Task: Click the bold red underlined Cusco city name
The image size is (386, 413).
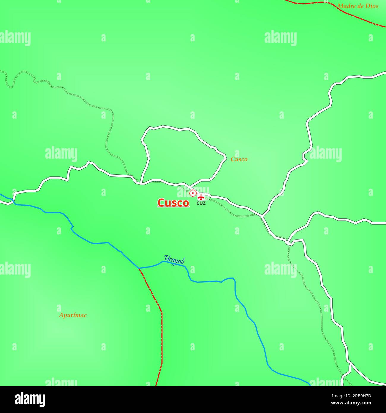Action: (173, 203)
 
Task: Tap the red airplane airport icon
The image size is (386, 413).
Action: (201, 197)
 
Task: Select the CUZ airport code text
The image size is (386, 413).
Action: (201, 204)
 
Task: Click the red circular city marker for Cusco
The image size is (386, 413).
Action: (193, 193)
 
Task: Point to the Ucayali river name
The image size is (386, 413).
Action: (175, 260)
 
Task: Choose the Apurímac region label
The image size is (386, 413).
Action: (73, 315)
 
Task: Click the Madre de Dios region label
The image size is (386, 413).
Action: (358, 6)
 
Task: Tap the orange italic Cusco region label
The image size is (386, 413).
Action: (239, 159)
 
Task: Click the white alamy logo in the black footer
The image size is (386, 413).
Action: (30, 399)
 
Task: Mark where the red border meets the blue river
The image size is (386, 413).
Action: (139, 268)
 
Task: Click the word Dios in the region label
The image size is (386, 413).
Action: (372, 6)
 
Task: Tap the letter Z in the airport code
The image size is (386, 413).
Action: (204, 204)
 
